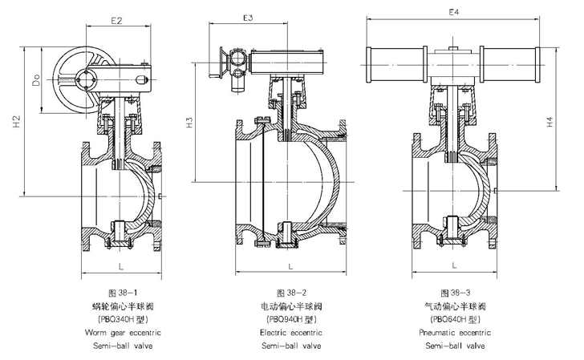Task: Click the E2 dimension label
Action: (x=116, y=21)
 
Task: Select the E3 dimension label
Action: (x=248, y=18)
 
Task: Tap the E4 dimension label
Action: (x=454, y=12)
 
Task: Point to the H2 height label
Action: (x=17, y=122)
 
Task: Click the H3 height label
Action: (x=189, y=123)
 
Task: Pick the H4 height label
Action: (x=550, y=122)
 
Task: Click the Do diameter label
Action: (x=36, y=80)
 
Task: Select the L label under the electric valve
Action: (x=290, y=266)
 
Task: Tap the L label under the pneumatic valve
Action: (x=454, y=265)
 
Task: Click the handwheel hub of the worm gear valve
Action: (x=86, y=79)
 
